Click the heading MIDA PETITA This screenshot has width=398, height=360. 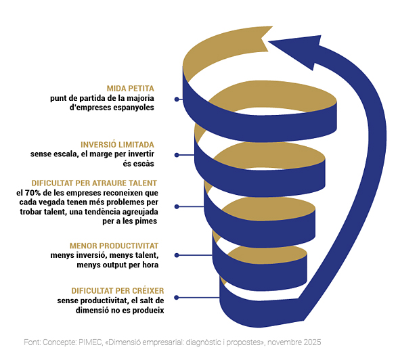click(x=130, y=89)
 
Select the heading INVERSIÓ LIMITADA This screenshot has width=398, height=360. click(x=117, y=145)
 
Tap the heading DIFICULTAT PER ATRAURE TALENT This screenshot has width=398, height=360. click(x=94, y=183)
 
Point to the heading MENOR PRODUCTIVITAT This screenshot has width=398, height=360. click(x=114, y=246)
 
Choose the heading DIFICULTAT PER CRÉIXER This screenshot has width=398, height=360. click(x=118, y=291)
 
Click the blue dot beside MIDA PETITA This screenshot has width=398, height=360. click(x=177, y=99)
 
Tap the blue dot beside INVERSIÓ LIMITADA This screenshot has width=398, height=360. click(x=177, y=155)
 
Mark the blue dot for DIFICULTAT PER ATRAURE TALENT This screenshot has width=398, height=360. click(x=177, y=207)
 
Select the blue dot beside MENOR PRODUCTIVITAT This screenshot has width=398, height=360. click(x=177, y=255)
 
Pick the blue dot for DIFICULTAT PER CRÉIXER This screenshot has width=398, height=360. click(x=177, y=298)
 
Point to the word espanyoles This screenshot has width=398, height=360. click(x=133, y=108)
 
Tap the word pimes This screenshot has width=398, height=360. click(x=148, y=221)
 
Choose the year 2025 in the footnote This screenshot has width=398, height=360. click(x=312, y=342)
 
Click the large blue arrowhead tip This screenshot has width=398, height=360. click(x=269, y=41)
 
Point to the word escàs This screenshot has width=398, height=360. click(x=138, y=164)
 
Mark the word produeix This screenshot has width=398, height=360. click(x=148, y=311)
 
